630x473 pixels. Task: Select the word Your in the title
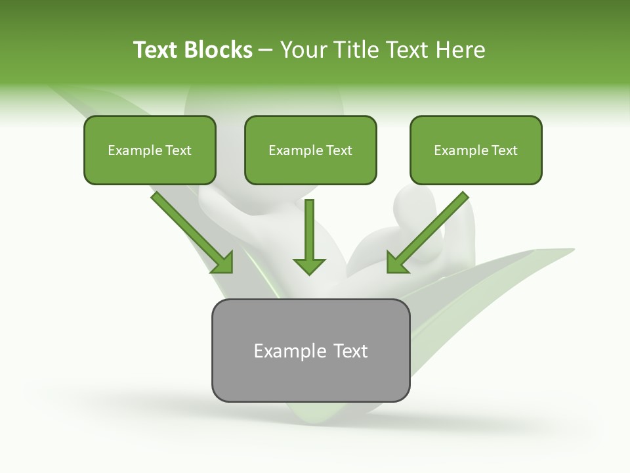(x=306, y=50)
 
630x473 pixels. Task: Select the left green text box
(x=150, y=150)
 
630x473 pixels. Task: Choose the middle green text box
(x=310, y=150)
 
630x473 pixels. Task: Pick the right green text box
(x=476, y=150)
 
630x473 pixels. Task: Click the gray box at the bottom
(x=310, y=350)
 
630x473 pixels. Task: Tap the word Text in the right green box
(x=504, y=150)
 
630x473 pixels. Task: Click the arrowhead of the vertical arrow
(x=309, y=265)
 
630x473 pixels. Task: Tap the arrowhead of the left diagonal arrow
(x=223, y=262)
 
